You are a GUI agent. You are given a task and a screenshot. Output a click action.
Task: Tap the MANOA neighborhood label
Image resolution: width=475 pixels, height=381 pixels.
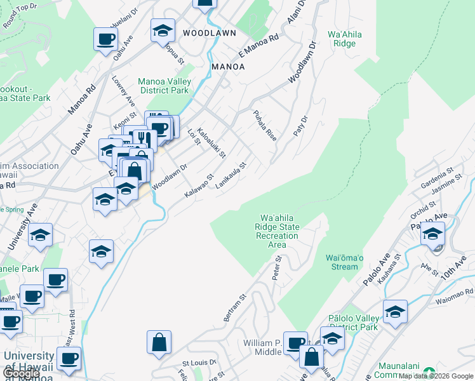(x=227, y=66)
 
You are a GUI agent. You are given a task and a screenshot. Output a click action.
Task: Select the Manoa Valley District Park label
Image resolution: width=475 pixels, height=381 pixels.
(x=164, y=86)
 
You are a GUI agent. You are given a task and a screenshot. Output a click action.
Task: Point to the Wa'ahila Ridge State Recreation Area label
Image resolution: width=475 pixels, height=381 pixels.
(x=277, y=231)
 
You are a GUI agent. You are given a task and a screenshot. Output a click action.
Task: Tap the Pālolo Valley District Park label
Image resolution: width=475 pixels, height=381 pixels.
(x=353, y=322)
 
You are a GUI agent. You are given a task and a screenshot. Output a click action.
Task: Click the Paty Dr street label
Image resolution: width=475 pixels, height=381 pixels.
(x=300, y=124)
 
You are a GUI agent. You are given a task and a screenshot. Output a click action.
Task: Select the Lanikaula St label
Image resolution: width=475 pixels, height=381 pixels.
(x=231, y=174)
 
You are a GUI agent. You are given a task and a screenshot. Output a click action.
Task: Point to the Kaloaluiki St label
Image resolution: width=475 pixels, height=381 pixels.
(x=211, y=143)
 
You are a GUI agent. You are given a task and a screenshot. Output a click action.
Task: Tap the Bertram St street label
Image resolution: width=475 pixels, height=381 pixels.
(x=234, y=307)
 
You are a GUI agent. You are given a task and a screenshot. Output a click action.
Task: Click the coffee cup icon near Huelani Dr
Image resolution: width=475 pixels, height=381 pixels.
(x=105, y=38)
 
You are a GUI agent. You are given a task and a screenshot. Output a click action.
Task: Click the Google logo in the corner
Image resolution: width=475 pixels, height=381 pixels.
(x=21, y=373)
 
